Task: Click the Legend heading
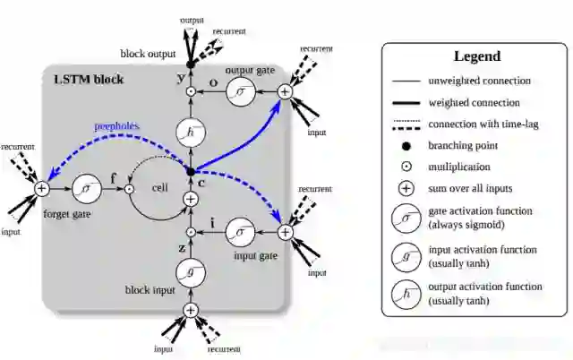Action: [x=477, y=56]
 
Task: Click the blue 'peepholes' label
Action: [x=116, y=127]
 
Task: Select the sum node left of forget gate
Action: [x=41, y=188]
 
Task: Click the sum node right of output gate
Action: [x=285, y=91]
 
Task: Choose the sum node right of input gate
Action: [x=285, y=231]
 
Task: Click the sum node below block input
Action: [x=190, y=310]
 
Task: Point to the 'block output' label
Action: [x=148, y=54]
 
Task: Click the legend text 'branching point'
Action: [x=462, y=145]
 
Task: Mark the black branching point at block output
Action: [x=190, y=64]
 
